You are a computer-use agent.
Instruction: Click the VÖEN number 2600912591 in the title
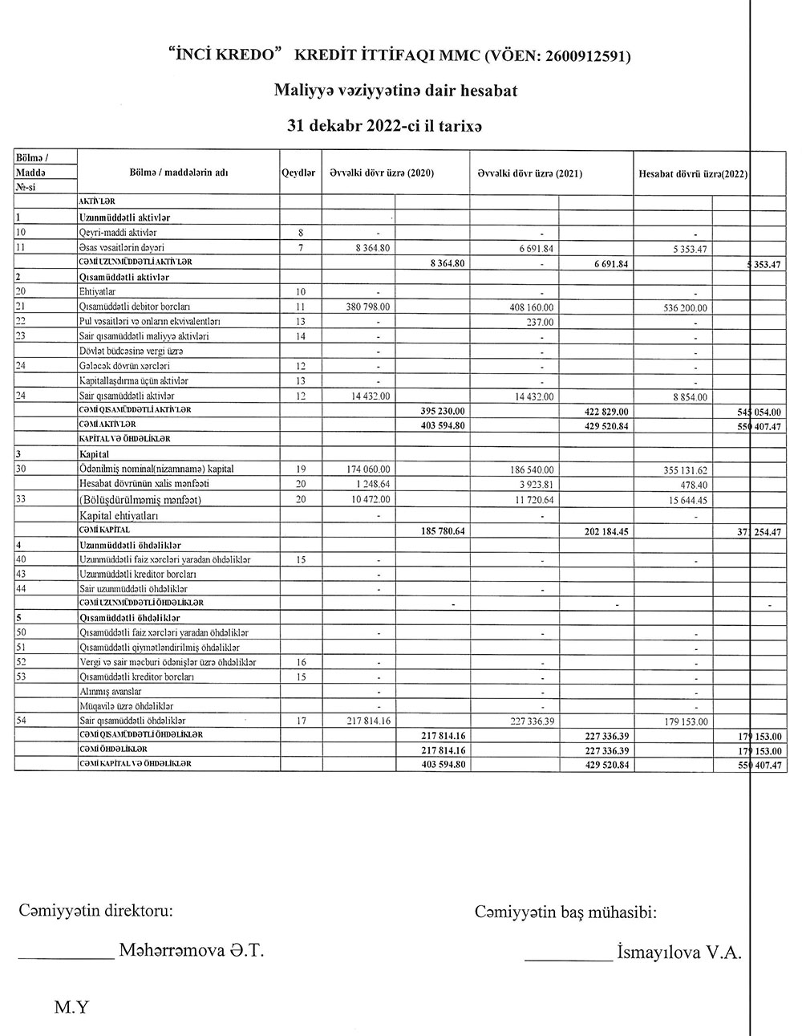coord(586,56)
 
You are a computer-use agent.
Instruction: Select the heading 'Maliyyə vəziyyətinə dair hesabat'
coord(395,91)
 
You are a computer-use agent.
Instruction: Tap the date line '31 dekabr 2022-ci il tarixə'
coord(395,126)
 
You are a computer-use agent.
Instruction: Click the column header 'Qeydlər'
coord(298,173)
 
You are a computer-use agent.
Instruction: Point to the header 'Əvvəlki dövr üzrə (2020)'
coord(382,173)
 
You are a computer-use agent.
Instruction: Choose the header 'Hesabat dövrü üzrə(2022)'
coord(693,173)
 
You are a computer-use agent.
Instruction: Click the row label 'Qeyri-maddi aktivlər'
coord(118,233)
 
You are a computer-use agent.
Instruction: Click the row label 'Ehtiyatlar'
coord(99,291)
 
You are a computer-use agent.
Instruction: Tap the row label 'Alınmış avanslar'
coord(111,691)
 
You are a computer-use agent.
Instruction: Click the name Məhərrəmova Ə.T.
coord(191,951)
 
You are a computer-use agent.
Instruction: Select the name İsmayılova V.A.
coord(679,953)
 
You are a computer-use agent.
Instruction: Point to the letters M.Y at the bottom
coord(71,1007)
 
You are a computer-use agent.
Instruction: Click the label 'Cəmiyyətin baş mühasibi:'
coord(566,912)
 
